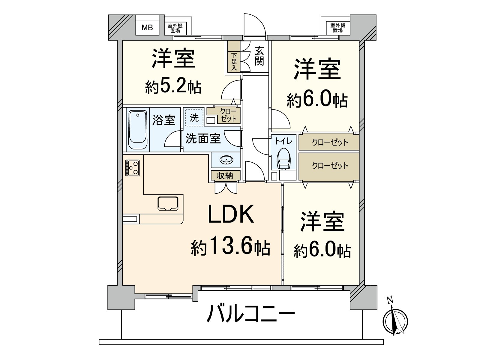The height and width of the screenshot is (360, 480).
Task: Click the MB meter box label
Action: (x=147, y=28)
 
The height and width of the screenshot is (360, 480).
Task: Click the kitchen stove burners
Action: (x=132, y=168)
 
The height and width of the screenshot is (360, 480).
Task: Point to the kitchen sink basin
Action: (x=168, y=203)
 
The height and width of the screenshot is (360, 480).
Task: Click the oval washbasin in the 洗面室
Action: (x=226, y=160)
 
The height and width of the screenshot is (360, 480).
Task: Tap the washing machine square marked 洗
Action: (x=194, y=118)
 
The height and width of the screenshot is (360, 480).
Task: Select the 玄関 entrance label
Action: (x=259, y=56)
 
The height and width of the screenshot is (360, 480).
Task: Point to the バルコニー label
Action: (x=251, y=313)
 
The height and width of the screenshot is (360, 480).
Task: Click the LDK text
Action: (x=231, y=214)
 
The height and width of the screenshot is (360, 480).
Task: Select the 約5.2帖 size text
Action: (x=173, y=87)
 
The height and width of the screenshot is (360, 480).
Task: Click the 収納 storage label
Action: (x=225, y=175)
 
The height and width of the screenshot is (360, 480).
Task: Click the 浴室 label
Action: (x=163, y=120)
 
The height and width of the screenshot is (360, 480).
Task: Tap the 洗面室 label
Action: (x=203, y=138)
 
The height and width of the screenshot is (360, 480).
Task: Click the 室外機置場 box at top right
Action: (x=337, y=28)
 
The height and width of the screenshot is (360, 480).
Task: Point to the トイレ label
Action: (x=283, y=141)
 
